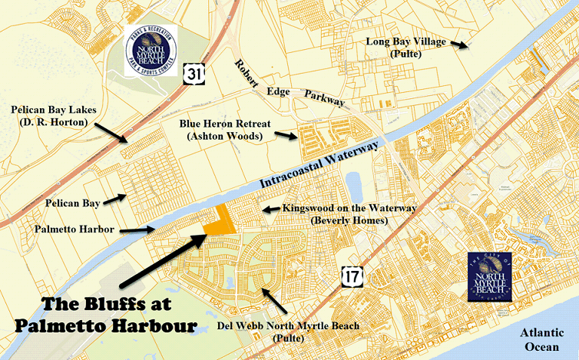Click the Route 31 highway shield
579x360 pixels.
click(194, 74)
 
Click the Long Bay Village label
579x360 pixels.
click(405, 48)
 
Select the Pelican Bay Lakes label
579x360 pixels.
click(50, 117)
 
